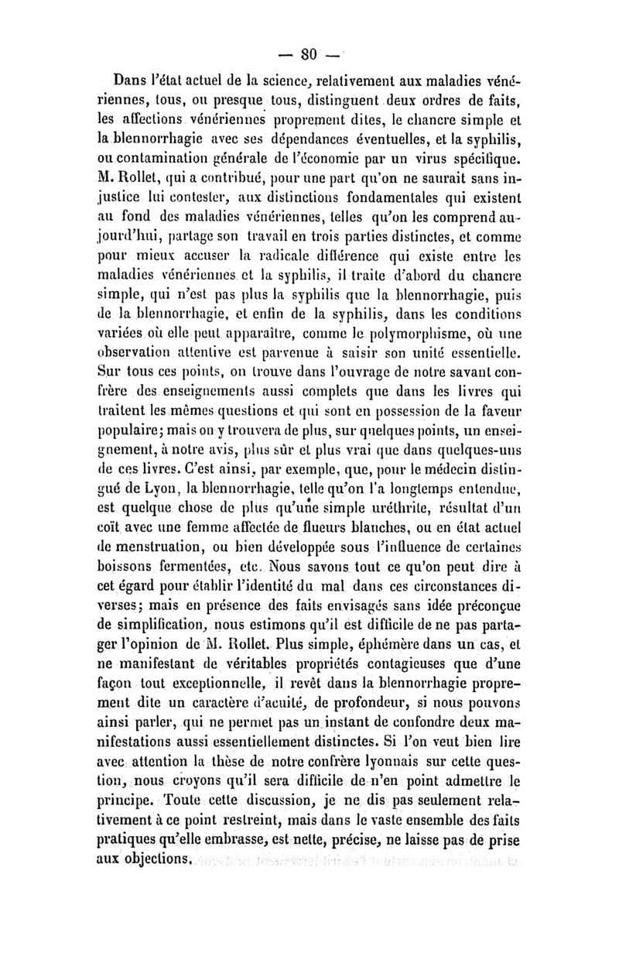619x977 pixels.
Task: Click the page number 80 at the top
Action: point(309,54)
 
